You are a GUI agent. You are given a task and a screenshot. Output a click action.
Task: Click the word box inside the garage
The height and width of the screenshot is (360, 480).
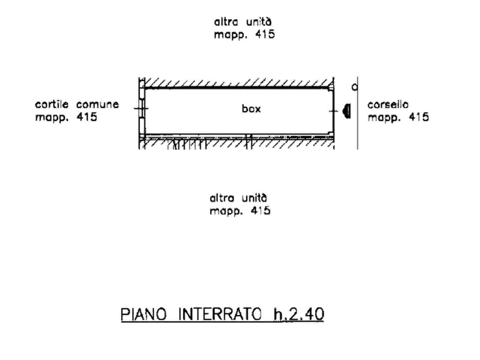point(251,109)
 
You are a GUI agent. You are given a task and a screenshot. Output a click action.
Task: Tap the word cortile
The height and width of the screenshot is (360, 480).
point(52,104)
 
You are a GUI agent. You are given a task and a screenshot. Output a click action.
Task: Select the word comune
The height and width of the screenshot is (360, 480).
point(97,105)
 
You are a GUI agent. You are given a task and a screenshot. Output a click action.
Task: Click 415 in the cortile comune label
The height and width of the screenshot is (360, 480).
point(87,117)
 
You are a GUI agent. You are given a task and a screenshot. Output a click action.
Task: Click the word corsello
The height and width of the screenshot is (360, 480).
point(388,105)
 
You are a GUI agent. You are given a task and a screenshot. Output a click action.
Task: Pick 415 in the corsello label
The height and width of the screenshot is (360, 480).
point(419,117)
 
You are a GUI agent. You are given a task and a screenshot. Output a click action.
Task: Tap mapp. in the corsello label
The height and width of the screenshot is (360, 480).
point(384,118)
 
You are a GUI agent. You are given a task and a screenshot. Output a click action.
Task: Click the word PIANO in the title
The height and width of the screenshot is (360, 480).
point(144,314)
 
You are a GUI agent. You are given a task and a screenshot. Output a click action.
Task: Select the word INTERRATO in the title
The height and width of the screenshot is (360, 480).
point(220,314)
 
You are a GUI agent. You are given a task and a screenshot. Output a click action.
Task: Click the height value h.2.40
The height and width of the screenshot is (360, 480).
point(299,314)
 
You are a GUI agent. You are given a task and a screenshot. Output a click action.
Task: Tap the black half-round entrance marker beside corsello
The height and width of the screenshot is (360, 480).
point(347,111)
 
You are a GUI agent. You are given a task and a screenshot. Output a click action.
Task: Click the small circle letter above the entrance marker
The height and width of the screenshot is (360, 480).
point(354,88)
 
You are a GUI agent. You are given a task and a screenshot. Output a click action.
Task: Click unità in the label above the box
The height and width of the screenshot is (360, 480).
point(259,21)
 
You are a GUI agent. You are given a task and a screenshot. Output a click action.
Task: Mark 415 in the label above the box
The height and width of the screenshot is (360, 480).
point(265,34)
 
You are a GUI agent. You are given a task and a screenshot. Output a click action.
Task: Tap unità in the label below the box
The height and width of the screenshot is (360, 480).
point(255,198)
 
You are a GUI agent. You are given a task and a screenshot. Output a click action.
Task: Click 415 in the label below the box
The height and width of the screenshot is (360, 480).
point(261,211)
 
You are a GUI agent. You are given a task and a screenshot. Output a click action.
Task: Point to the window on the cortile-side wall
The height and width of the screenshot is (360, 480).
point(142,109)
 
